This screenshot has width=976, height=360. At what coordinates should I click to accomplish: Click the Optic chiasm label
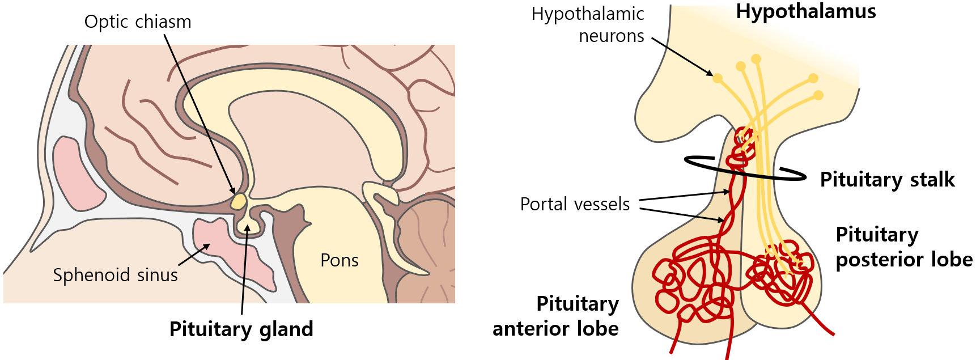138,22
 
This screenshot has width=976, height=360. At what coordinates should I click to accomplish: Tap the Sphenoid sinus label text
115,275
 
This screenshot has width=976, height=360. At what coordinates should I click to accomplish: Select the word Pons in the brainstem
340,260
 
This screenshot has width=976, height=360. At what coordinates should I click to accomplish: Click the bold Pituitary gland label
241,329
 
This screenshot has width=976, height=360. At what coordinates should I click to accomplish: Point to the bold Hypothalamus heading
806,12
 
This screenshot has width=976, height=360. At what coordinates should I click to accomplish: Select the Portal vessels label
575,204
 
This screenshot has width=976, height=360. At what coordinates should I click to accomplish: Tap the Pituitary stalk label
887,180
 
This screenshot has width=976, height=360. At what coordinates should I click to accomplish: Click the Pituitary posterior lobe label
903,247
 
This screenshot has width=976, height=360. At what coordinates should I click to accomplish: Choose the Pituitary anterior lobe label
556,316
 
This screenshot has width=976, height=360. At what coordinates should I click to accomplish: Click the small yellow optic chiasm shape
239,201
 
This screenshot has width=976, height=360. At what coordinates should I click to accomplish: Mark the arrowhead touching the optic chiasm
232,191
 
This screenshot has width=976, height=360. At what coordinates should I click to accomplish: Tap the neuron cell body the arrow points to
718,78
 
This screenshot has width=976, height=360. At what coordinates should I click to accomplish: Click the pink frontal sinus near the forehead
77,173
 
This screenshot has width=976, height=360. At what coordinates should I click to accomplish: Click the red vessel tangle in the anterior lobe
691,281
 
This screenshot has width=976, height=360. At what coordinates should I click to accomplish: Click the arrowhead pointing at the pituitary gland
247,228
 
